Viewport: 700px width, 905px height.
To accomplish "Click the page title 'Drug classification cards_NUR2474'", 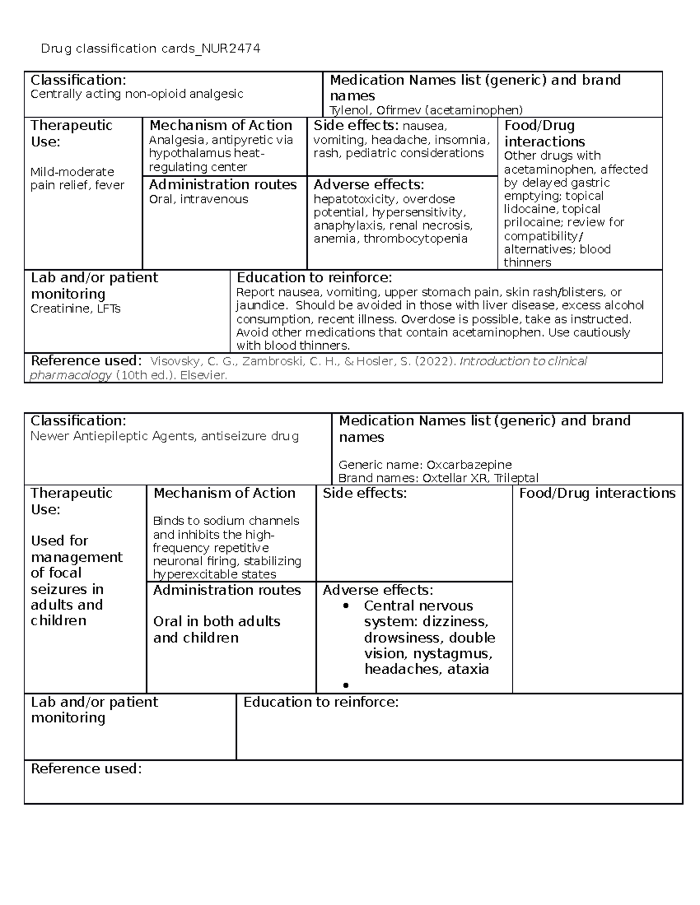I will [150, 49].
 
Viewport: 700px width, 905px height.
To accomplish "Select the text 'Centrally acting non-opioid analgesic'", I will [136, 94].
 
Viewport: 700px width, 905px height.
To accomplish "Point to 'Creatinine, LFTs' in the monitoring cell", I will [75, 309].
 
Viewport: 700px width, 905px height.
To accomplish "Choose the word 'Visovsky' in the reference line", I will [173, 361].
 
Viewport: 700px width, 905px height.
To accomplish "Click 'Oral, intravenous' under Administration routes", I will [198, 199].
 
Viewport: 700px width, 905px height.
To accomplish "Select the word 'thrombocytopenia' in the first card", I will [415, 239].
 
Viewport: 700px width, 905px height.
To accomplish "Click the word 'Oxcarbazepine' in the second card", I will [469, 465].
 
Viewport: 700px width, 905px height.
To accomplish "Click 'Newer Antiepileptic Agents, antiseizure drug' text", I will [164, 436].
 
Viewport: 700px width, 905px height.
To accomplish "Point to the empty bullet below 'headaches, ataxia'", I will [346, 685].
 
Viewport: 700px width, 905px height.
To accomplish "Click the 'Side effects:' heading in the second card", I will [365, 494].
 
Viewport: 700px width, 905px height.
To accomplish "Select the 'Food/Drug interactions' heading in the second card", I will [597, 494].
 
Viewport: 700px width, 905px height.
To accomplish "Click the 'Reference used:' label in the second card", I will [86, 769].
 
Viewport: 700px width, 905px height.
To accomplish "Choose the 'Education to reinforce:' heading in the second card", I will [321, 702].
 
